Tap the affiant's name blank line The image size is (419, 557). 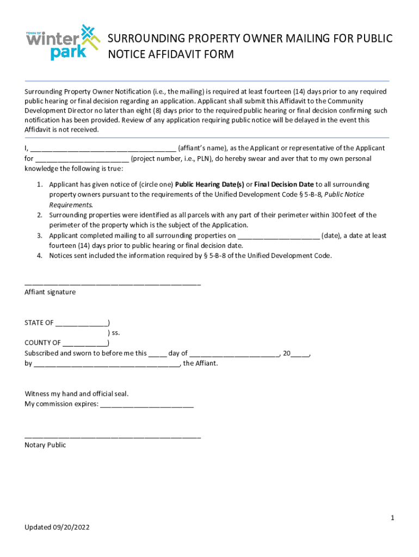103,148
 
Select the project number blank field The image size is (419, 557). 82,159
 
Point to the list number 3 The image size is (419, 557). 40,236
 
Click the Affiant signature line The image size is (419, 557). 113,283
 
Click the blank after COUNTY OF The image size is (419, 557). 85,343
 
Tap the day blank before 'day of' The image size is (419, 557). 157,354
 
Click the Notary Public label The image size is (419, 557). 45,445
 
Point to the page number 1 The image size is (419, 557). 392,518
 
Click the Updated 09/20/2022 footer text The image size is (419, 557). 57,528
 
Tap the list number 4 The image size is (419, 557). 40,255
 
